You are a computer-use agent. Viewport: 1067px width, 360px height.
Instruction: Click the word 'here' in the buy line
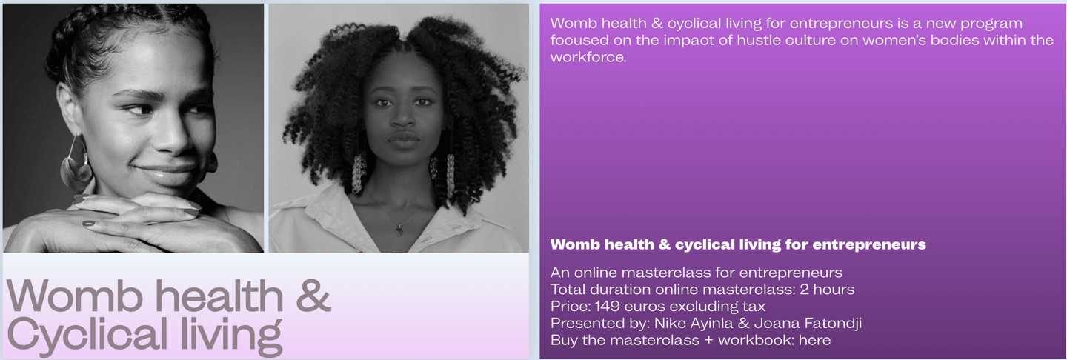814,340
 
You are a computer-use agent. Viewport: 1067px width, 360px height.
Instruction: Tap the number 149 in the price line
608,306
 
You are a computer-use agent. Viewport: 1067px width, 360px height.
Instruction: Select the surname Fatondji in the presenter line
833,324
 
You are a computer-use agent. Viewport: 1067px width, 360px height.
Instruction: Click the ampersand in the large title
313,296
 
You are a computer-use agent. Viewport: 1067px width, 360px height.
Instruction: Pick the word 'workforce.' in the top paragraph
588,57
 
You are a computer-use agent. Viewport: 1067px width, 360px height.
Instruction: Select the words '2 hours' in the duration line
827,290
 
